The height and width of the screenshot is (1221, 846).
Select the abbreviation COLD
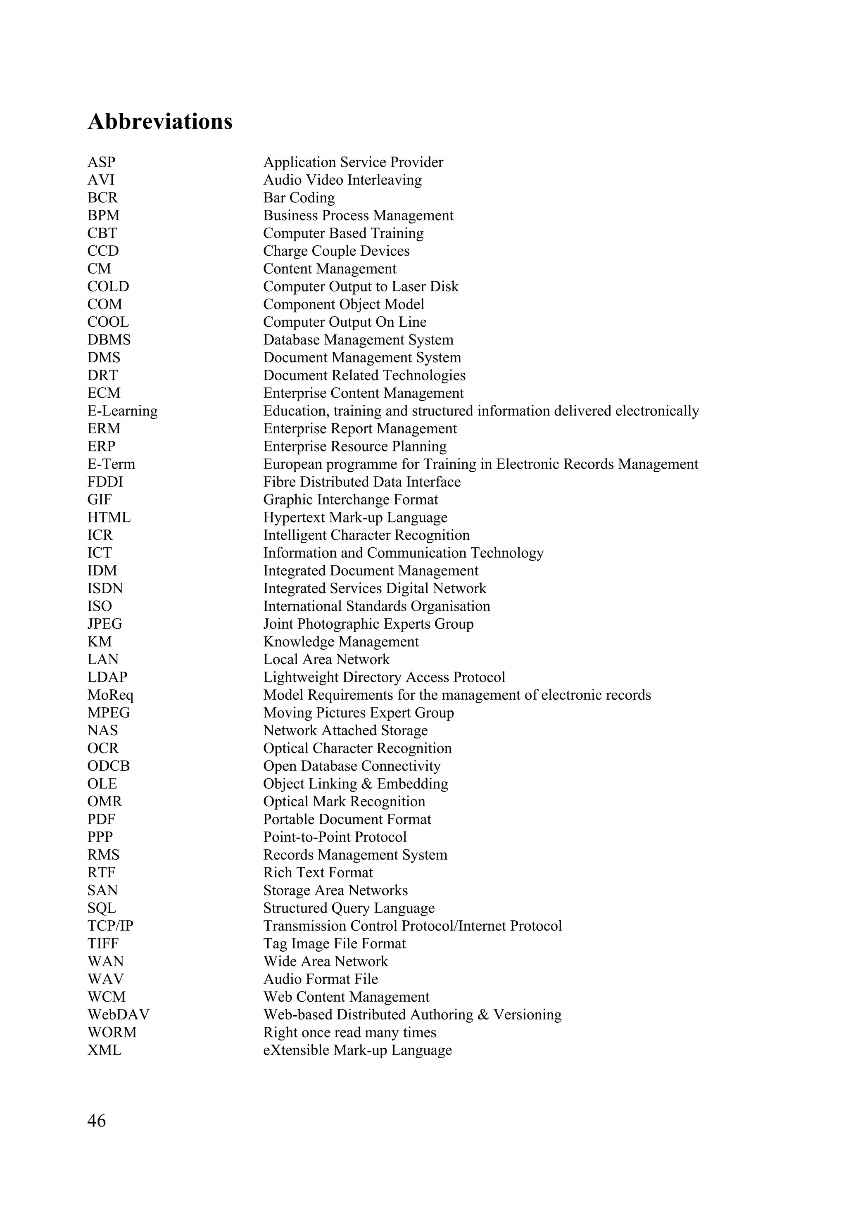pyautogui.click(x=108, y=287)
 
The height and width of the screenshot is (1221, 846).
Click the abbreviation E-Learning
pyautogui.click(x=122, y=411)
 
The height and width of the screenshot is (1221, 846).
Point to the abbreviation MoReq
pyautogui.click(x=110, y=695)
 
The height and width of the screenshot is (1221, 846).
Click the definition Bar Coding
pyautogui.click(x=299, y=198)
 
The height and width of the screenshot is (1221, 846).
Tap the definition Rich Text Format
pyautogui.click(x=318, y=872)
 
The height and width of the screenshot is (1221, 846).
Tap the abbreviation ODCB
pyautogui.click(x=108, y=766)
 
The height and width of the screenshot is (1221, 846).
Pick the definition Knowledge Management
pyautogui.click(x=341, y=642)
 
